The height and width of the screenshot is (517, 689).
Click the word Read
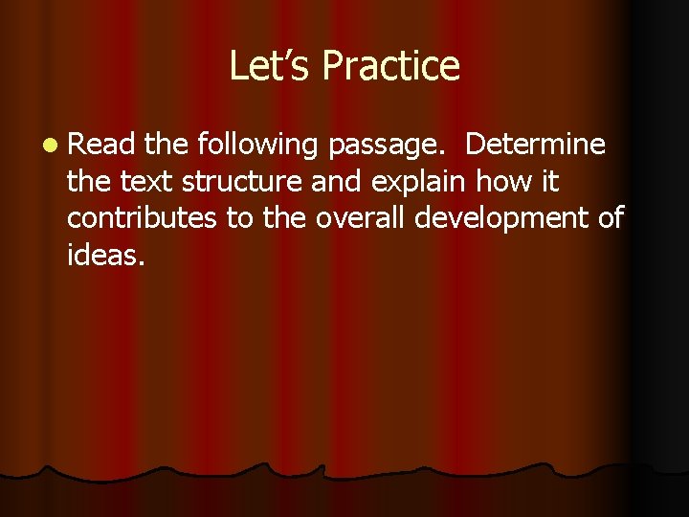point(102,145)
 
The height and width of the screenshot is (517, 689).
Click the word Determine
point(535,145)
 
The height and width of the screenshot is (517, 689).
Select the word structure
point(239,181)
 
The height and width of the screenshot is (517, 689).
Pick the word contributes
point(143,217)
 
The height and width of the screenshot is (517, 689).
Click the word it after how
point(550,181)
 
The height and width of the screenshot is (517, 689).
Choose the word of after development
point(610,217)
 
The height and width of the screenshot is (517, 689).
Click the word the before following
point(169,145)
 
